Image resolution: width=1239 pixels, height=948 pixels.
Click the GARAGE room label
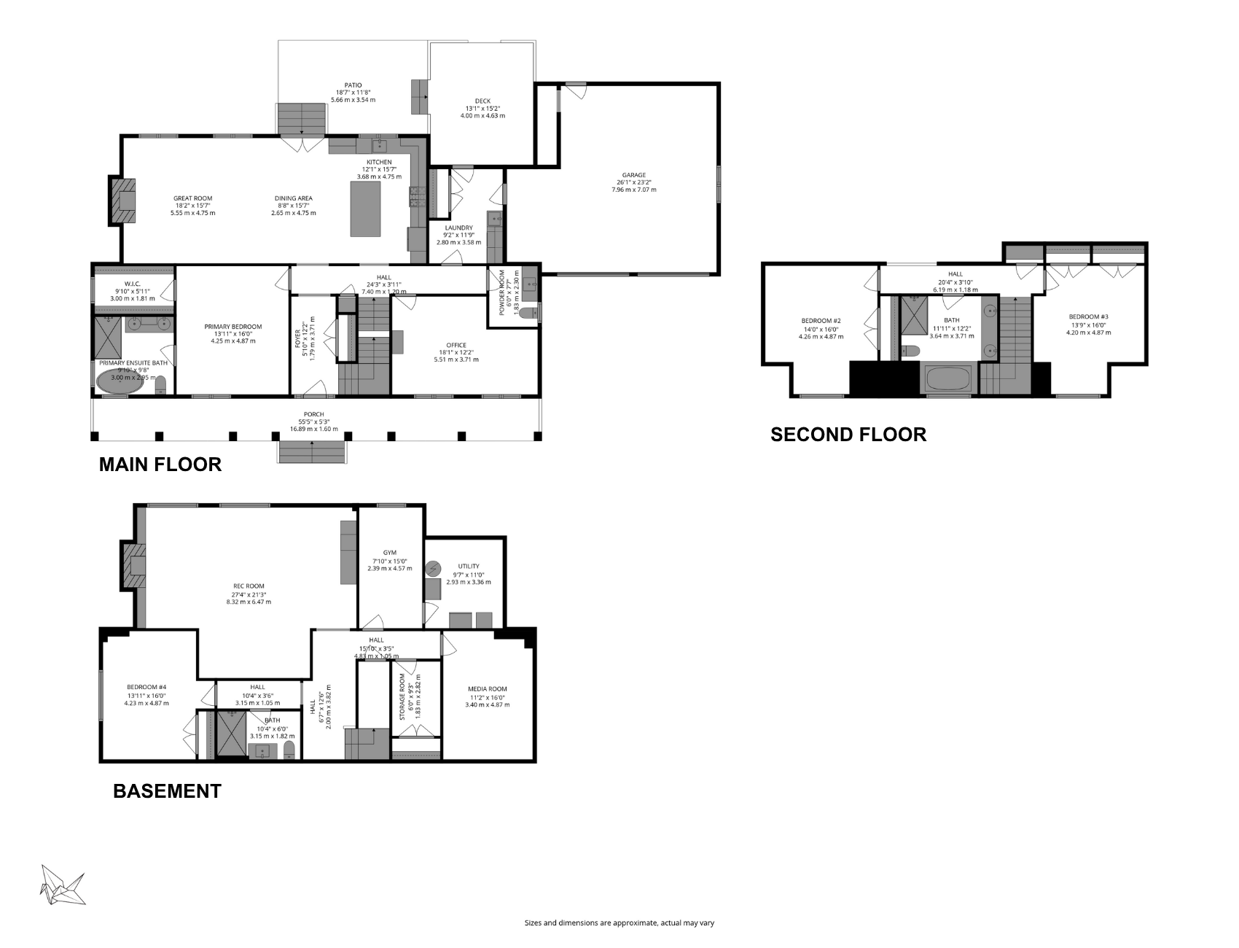[x=633, y=175]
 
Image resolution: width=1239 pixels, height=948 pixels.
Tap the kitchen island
[x=365, y=209]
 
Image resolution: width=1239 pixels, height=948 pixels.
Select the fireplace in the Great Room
[x=124, y=201]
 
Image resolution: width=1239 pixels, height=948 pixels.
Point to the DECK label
[x=482, y=101]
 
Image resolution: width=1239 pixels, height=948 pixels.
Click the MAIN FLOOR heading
[x=160, y=465]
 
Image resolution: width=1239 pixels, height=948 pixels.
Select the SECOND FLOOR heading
[x=848, y=435]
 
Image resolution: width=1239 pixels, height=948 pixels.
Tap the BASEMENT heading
[x=167, y=791]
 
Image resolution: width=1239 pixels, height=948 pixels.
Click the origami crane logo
[x=62, y=885]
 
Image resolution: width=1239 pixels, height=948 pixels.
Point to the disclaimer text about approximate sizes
[x=619, y=923]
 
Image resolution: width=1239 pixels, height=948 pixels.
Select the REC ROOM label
[x=249, y=586]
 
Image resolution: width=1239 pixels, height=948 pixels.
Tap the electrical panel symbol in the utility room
[x=433, y=567]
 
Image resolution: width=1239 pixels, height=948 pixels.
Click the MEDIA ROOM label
[x=487, y=689]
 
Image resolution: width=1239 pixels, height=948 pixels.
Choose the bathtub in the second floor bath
[x=947, y=379]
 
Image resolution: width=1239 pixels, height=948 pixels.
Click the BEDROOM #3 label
[x=1088, y=316]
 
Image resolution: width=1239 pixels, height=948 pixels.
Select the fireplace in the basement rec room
[x=134, y=566]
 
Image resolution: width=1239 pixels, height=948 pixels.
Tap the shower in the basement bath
[x=232, y=734]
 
